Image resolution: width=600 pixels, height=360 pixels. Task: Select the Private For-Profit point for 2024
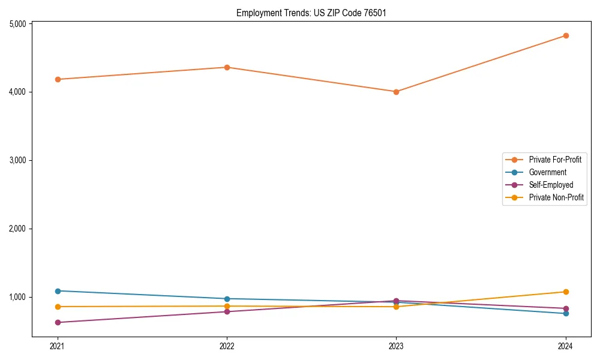[566, 35]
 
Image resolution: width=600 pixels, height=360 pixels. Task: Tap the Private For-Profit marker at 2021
[58, 79]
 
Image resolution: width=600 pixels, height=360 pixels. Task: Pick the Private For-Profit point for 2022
[227, 67]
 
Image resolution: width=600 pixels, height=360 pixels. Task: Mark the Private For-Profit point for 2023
[396, 92]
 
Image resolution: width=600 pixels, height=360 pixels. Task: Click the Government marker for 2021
[58, 291]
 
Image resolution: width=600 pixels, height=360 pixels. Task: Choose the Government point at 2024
[566, 313]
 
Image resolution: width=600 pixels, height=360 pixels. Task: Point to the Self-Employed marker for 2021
[58, 322]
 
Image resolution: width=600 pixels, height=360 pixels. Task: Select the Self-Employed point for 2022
[227, 311]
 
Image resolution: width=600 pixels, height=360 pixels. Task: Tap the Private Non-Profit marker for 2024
[566, 292]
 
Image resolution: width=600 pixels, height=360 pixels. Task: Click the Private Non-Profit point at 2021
[58, 307]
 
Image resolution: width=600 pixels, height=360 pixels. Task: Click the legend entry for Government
[547, 172]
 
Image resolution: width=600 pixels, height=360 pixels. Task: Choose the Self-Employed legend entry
[551, 185]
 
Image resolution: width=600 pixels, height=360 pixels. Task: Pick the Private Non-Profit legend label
[556, 197]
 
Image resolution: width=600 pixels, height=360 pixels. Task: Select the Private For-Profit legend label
[555, 160]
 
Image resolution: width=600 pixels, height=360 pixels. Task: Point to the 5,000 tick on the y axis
[18, 24]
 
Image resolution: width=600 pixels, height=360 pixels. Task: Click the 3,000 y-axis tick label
[18, 160]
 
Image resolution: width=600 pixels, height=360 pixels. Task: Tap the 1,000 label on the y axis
[18, 297]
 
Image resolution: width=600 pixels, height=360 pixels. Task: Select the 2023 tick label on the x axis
[396, 346]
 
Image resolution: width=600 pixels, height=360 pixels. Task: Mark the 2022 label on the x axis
[227, 346]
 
